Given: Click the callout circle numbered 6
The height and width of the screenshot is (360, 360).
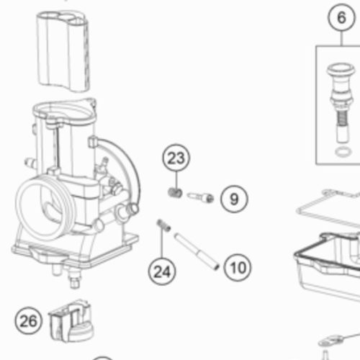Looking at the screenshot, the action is click(341, 17).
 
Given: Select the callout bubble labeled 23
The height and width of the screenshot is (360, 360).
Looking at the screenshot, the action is click(176, 158).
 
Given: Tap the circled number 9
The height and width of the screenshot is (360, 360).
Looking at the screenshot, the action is click(234, 199).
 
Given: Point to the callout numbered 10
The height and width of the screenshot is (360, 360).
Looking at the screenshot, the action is click(238, 267).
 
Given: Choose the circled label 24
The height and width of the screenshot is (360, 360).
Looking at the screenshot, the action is click(162, 271).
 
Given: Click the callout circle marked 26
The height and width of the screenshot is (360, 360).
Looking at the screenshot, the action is click(28, 320).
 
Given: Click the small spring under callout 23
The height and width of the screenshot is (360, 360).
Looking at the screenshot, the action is click(175, 192).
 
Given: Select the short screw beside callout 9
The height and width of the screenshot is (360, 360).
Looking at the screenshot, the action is click(201, 197).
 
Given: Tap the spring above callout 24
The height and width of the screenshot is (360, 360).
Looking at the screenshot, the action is click(163, 225).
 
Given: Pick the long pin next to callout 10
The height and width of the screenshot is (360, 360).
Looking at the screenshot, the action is click(197, 251).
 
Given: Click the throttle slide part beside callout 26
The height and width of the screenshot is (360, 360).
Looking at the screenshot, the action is click(71, 321).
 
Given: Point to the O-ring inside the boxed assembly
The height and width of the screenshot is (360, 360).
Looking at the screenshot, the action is click(343, 152).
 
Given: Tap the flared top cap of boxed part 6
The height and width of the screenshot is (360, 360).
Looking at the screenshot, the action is click(341, 70).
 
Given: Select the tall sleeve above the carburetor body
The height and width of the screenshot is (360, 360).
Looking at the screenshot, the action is click(63, 51).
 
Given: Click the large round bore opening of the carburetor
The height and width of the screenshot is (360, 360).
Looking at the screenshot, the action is click(42, 210).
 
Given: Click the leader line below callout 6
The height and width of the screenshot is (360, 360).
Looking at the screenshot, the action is click(342, 38).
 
